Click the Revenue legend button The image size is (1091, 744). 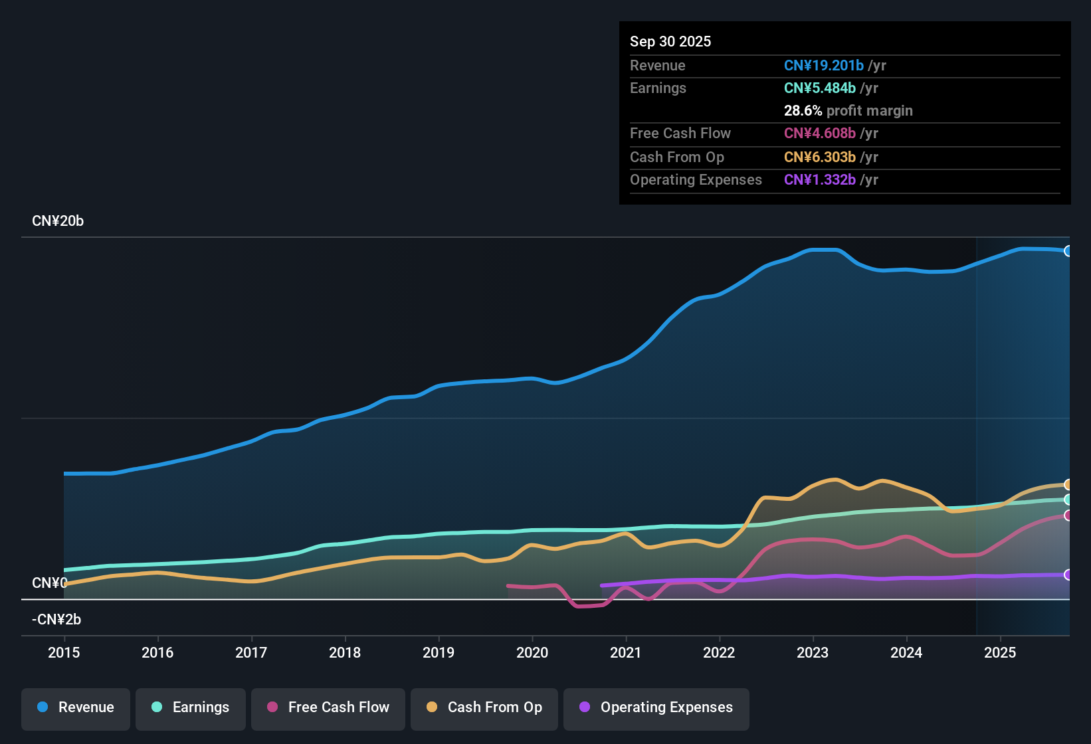[76, 707]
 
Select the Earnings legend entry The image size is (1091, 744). [191, 707]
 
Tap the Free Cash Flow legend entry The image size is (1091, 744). [328, 707]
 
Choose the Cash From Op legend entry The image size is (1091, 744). [484, 707]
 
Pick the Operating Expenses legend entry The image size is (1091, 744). [656, 707]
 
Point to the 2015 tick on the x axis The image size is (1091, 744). [64, 652]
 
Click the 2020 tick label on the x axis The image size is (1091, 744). [532, 652]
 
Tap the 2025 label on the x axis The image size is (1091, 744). [1000, 652]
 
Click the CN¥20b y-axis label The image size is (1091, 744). [58, 221]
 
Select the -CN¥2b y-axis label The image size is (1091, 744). [56, 620]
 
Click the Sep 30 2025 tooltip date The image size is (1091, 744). [670, 41]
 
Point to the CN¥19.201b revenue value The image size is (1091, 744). [824, 65]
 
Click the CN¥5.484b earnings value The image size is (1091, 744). [820, 88]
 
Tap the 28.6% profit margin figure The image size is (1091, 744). [803, 111]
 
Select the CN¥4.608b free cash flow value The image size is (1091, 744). [820, 134]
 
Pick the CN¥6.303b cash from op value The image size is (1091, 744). [820, 157]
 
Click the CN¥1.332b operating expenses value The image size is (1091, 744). [820, 180]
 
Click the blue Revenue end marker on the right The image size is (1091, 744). [1068, 251]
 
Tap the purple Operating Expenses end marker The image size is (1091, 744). [1068, 575]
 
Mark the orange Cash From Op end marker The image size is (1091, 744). [1068, 485]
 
